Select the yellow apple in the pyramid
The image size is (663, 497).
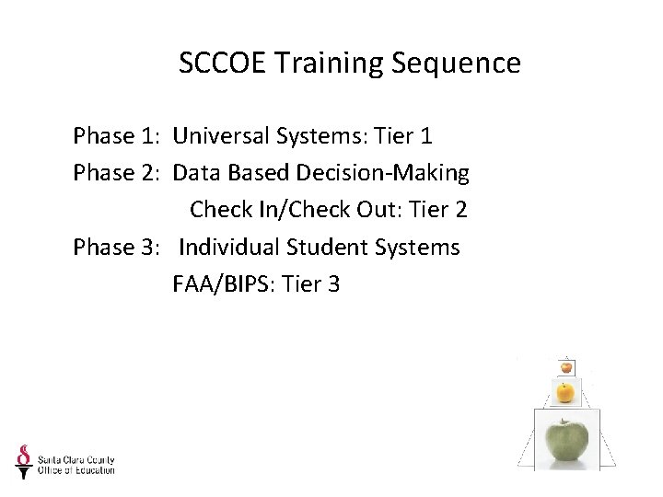[565, 393]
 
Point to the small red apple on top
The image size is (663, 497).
[566, 366]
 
